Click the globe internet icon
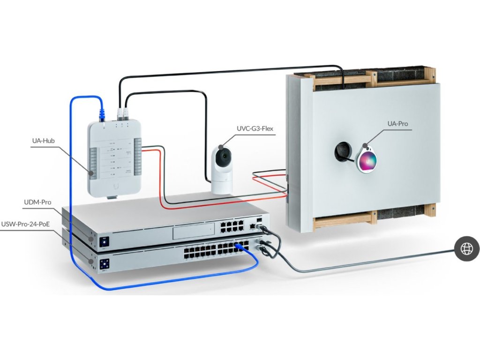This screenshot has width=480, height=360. [466, 249]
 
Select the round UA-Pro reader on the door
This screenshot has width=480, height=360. [367, 159]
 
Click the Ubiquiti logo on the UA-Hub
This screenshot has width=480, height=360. [113, 185]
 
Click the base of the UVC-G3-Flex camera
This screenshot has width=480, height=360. [222, 185]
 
